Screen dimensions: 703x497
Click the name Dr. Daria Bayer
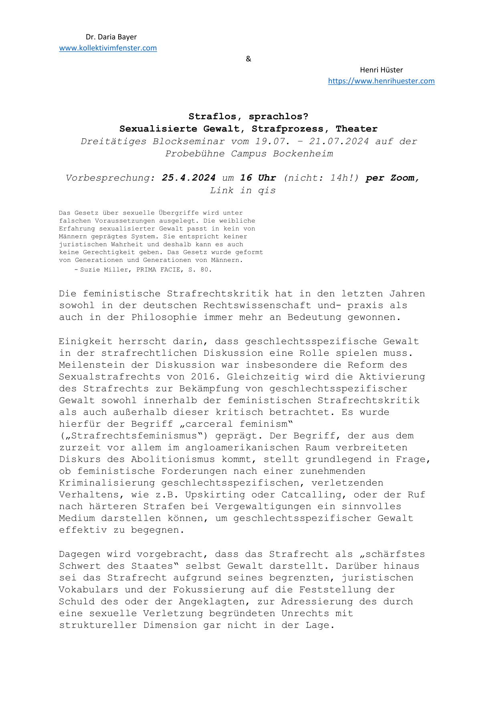[x=111, y=37]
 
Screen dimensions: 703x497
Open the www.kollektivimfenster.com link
[x=108, y=48]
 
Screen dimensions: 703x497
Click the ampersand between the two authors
[x=248, y=59]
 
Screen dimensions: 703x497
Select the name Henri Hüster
[x=381, y=70]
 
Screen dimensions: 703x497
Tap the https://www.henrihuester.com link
[x=381, y=81]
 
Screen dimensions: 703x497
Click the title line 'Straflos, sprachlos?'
[x=248, y=117]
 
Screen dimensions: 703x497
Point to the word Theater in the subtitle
[x=357, y=129]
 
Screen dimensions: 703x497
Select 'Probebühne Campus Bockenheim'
[x=249, y=154]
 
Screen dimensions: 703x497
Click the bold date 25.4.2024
[x=189, y=178]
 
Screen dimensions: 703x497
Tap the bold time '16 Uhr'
[x=258, y=178]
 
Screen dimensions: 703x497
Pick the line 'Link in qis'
[x=243, y=190]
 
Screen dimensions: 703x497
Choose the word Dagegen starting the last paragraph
[x=80, y=554]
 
